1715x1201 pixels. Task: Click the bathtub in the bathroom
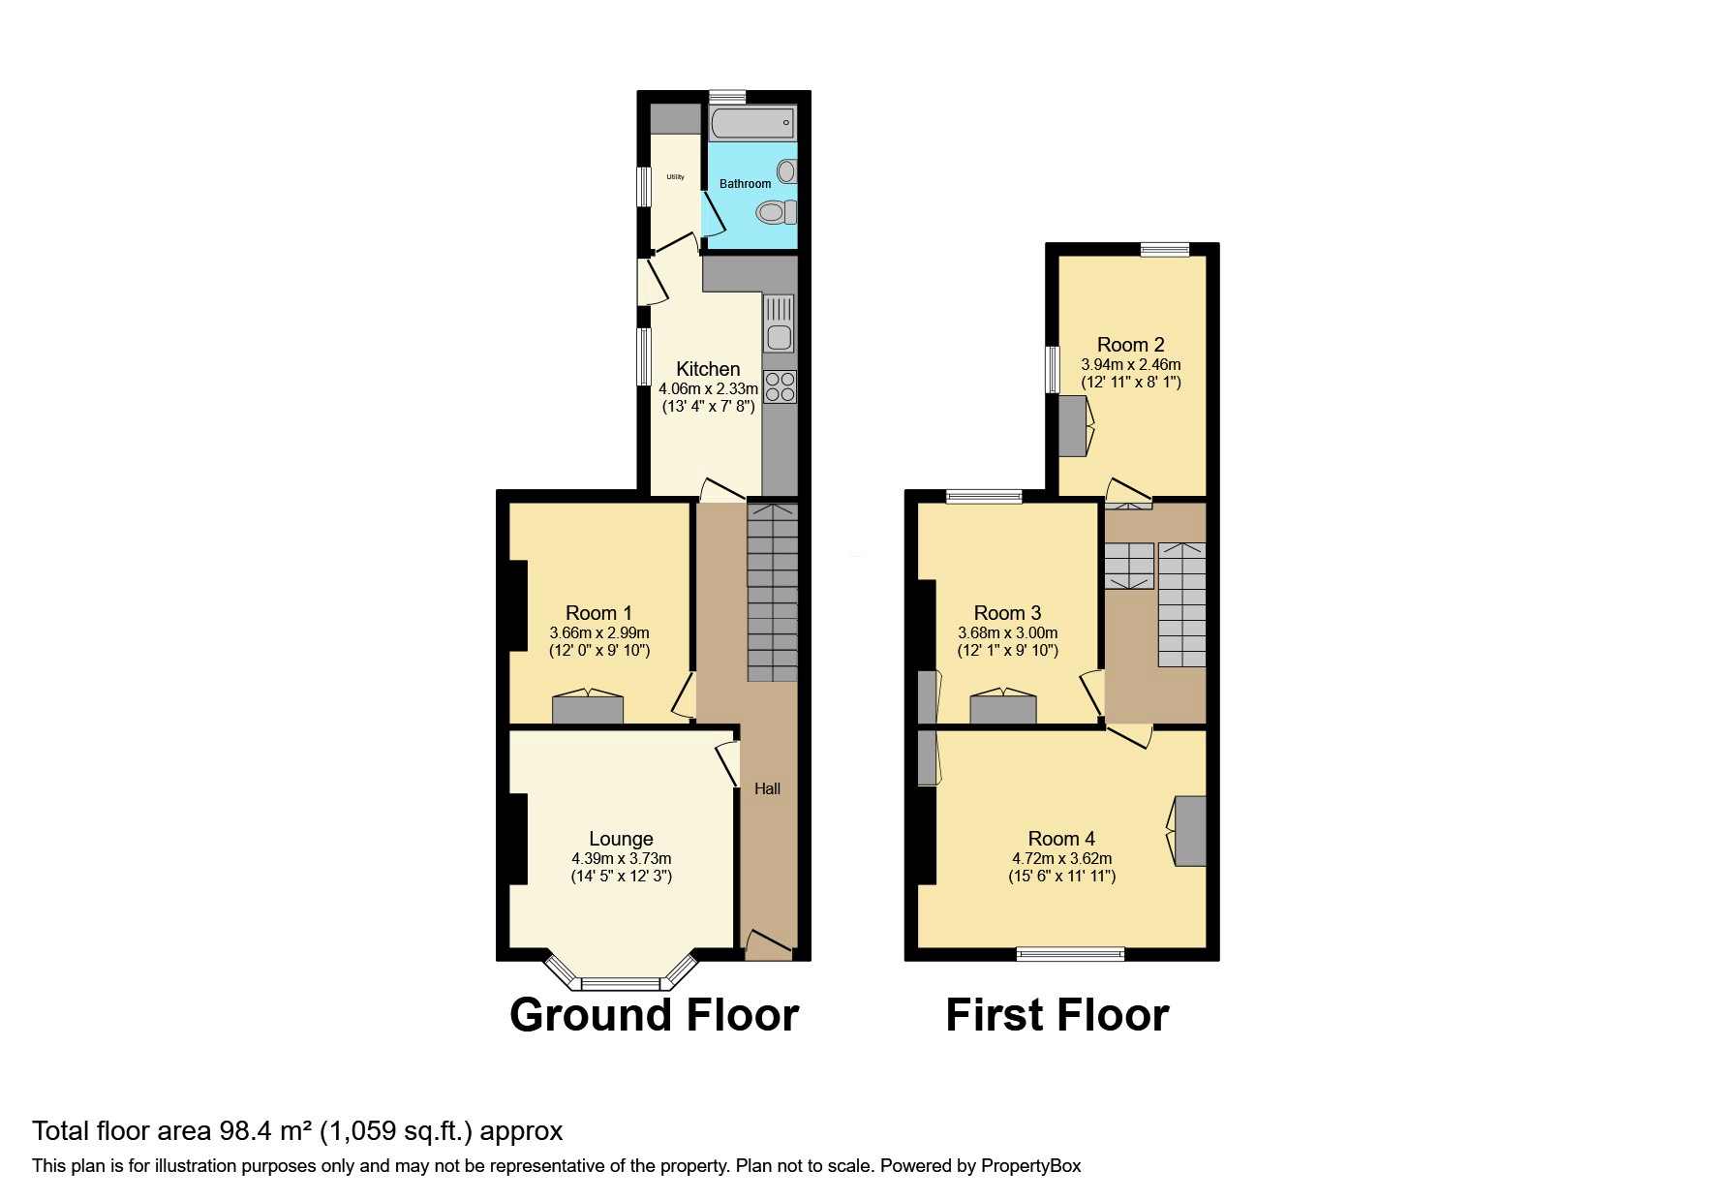[751, 124]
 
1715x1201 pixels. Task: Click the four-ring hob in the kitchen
[780, 387]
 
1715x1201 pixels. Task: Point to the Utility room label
[675, 177]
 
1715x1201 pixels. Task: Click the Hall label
[767, 789]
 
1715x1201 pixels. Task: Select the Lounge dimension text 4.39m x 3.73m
[621, 859]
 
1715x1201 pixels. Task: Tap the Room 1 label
[598, 613]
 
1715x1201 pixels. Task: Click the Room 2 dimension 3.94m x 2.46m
[1131, 365]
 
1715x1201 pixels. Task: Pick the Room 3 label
[1007, 613]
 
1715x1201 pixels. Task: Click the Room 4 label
[1061, 839]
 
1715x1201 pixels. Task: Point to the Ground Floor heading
[654, 1015]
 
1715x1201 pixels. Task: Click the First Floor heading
[1057, 1015]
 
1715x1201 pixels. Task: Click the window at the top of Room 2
[1165, 250]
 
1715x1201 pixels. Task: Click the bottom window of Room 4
[1070, 954]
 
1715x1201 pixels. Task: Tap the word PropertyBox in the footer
[1030, 1166]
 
